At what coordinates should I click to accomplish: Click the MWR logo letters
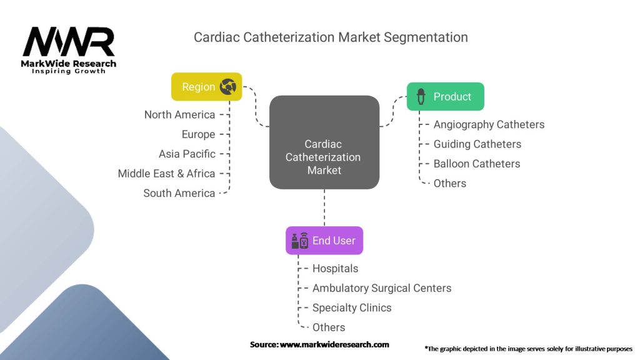tap(69, 42)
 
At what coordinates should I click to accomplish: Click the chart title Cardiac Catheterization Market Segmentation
tap(331, 37)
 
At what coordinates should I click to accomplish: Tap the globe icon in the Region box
tap(227, 87)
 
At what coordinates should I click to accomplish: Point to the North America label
tap(179, 115)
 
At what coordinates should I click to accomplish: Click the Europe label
tap(198, 134)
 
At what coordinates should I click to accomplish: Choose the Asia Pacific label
tap(187, 154)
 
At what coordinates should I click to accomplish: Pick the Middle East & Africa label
tap(166, 174)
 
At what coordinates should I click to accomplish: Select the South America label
tap(179, 193)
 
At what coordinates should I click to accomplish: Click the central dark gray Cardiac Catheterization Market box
tap(324, 142)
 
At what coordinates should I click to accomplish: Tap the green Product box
tap(445, 97)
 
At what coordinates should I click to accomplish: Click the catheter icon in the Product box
tap(421, 97)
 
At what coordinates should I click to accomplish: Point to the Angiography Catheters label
tap(489, 124)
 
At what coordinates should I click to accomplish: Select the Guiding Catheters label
tap(477, 144)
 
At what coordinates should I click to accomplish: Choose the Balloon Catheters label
tap(477, 164)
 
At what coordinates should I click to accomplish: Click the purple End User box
tap(324, 241)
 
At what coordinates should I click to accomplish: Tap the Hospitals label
tap(335, 269)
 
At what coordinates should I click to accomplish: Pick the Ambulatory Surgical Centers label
tap(381, 288)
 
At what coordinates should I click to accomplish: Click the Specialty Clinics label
tap(352, 307)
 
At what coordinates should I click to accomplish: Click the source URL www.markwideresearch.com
tap(334, 344)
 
